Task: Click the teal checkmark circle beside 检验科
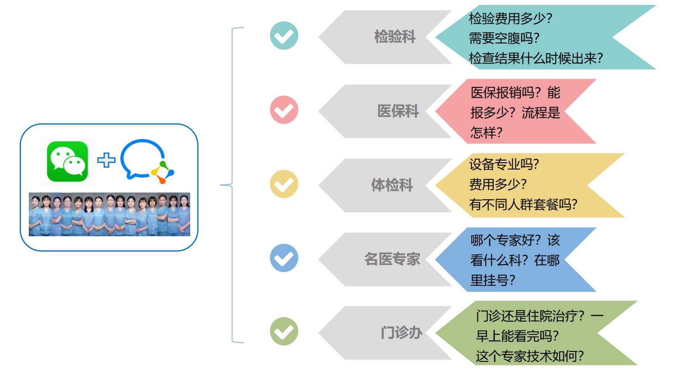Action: pyautogui.click(x=284, y=36)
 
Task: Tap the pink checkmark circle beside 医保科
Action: pyautogui.click(x=284, y=110)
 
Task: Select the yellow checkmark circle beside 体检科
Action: pyautogui.click(x=284, y=184)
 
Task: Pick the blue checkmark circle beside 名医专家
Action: pyautogui.click(x=284, y=258)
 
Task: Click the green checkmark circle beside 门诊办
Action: pyautogui.click(x=284, y=331)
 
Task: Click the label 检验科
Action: pyautogui.click(x=395, y=37)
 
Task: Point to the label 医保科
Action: pyautogui.click(x=398, y=111)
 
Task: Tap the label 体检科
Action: pyautogui.click(x=392, y=185)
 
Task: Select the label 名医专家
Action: pyautogui.click(x=392, y=259)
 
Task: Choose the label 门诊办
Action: pyautogui.click(x=401, y=333)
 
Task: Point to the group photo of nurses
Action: pyautogui.click(x=109, y=214)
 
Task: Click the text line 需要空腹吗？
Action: pyautogui.click(x=501, y=38)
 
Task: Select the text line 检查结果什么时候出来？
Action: pyautogui.click(x=536, y=58)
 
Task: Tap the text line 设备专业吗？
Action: pyautogui.click(x=504, y=164)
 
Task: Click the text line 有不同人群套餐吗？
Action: pyautogui.click(x=523, y=204)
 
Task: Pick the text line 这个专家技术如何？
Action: pyautogui.click(x=530, y=356)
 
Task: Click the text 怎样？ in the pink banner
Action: pyautogui.click(x=486, y=132)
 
